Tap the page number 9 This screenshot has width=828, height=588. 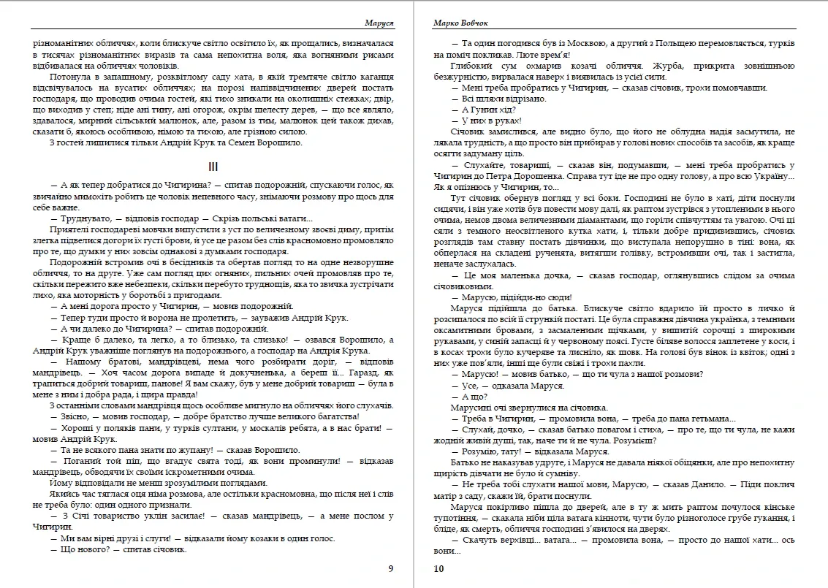point(390,568)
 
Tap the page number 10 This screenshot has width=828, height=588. point(438,568)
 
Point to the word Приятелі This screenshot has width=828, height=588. point(68,229)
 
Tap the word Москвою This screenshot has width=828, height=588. point(582,44)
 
